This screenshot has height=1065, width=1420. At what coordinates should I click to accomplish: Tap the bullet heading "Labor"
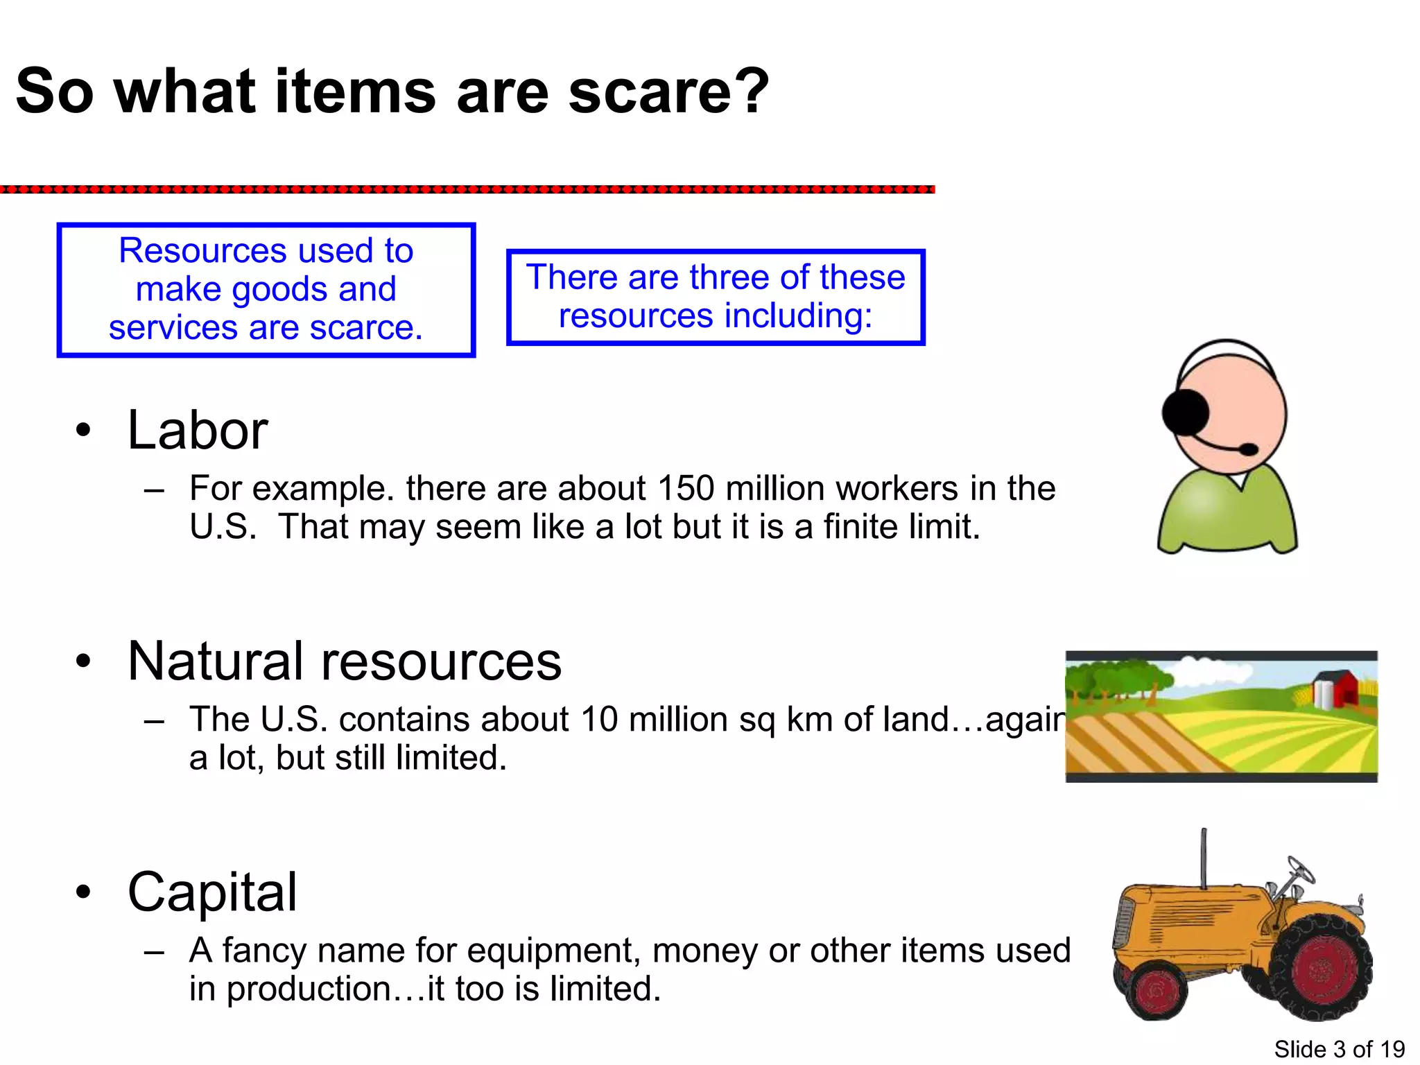pyautogui.click(x=198, y=431)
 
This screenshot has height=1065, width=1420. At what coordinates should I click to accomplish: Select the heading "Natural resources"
pyautogui.click(x=345, y=661)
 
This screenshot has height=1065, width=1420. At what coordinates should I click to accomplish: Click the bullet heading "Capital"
pyautogui.click(x=212, y=892)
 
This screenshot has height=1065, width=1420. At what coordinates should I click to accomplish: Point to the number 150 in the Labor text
pyautogui.click(x=686, y=488)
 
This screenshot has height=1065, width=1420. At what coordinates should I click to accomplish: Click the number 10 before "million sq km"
pyautogui.click(x=598, y=719)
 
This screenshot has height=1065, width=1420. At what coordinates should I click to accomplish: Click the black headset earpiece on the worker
pyautogui.click(x=1186, y=412)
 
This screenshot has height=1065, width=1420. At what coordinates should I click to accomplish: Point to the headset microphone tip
pyautogui.click(x=1248, y=450)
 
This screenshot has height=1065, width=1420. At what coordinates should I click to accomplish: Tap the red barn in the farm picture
pyautogui.click(x=1344, y=686)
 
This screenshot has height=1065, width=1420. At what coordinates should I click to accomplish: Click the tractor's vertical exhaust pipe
pyautogui.click(x=1204, y=858)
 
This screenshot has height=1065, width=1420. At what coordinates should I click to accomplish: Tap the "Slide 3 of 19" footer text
pyautogui.click(x=1339, y=1049)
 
